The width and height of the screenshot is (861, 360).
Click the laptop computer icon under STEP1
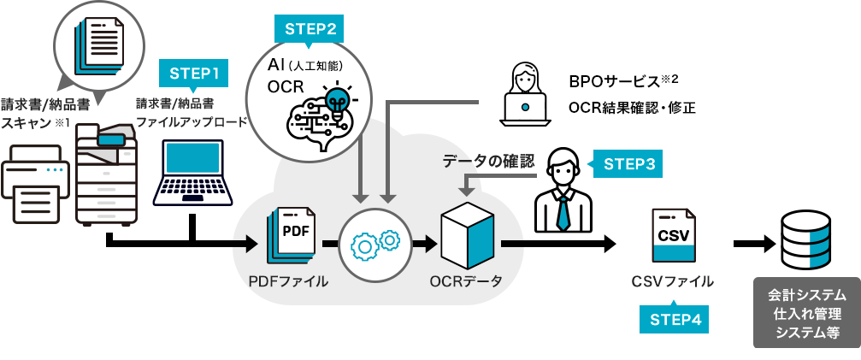point(192,174)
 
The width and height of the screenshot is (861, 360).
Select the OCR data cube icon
point(466,238)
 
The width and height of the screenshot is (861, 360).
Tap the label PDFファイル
point(288,281)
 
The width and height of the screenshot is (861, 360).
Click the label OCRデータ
point(466,281)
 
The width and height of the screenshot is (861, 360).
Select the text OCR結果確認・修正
point(632,108)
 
